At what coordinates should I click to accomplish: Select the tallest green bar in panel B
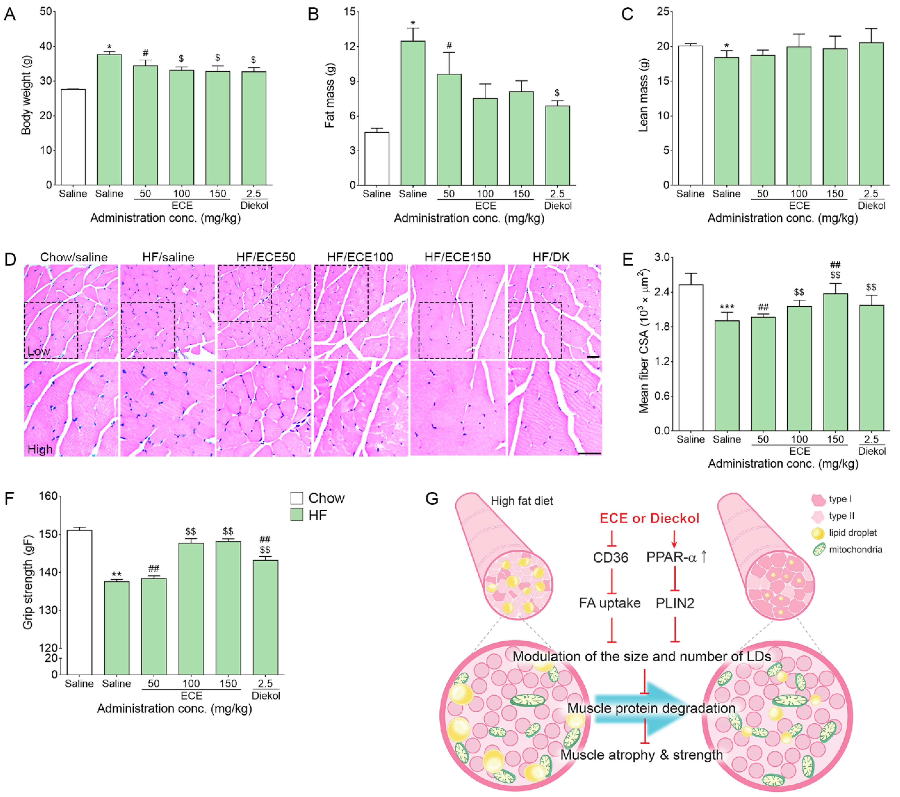click(x=413, y=113)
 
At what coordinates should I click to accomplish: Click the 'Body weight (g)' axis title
click(x=26, y=95)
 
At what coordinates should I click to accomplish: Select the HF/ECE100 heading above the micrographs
click(x=360, y=257)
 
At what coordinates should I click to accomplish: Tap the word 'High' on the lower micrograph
click(x=40, y=449)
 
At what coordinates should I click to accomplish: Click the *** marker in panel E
click(x=727, y=307)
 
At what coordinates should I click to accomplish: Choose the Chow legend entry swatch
click(x=296, y=498)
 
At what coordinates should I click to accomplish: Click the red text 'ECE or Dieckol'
click(x=649, y=518)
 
